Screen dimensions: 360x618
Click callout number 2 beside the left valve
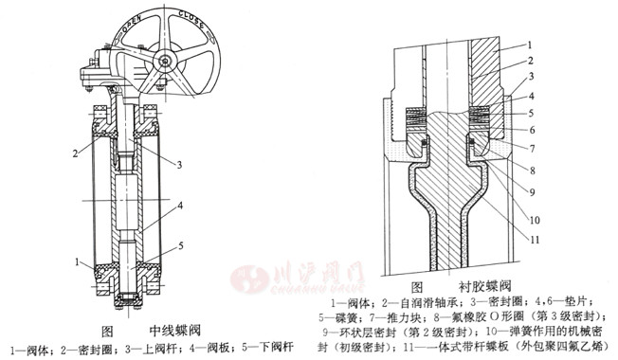click(73, 152)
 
